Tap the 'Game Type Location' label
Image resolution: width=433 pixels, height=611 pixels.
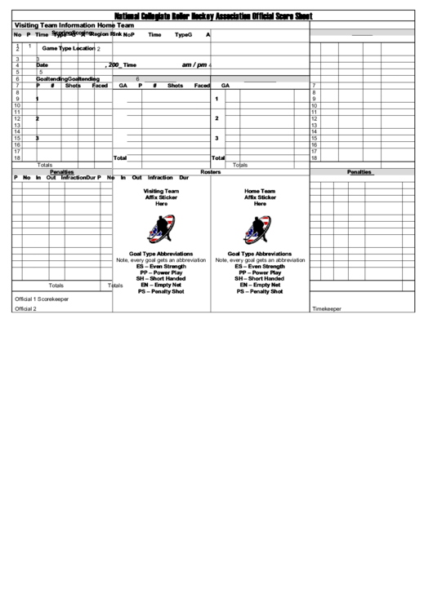(x=69, y=49)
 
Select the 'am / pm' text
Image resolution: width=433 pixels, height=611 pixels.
(x=194, y=64)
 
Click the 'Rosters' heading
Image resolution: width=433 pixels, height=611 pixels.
(x=211, y=172)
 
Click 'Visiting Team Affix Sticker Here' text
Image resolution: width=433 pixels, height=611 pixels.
(x=162, y=197)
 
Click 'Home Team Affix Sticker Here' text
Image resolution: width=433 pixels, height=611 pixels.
(x=260, y=197)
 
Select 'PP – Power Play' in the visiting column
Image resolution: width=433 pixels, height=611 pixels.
(x=162, y=272)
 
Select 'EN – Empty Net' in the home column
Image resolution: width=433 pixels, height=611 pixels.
(x=260, y=285)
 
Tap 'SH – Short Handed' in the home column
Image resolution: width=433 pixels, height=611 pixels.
(x=260, y=279)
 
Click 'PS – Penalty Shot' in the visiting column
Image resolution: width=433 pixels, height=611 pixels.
(x=162, y=291)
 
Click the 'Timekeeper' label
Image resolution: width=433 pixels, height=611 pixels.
(x=327, y=309)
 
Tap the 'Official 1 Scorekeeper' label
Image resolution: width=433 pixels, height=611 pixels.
(x=42, y=299)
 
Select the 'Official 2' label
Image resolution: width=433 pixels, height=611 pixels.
(x=25, y=309)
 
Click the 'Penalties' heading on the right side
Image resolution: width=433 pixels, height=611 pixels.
(x=359, y=172)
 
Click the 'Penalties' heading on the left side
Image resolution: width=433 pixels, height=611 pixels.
(x=62, y=172)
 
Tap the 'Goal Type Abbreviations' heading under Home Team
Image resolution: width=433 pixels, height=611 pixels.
(x=260, y=254)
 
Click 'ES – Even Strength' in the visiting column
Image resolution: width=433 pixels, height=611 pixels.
(x=162, y=266)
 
